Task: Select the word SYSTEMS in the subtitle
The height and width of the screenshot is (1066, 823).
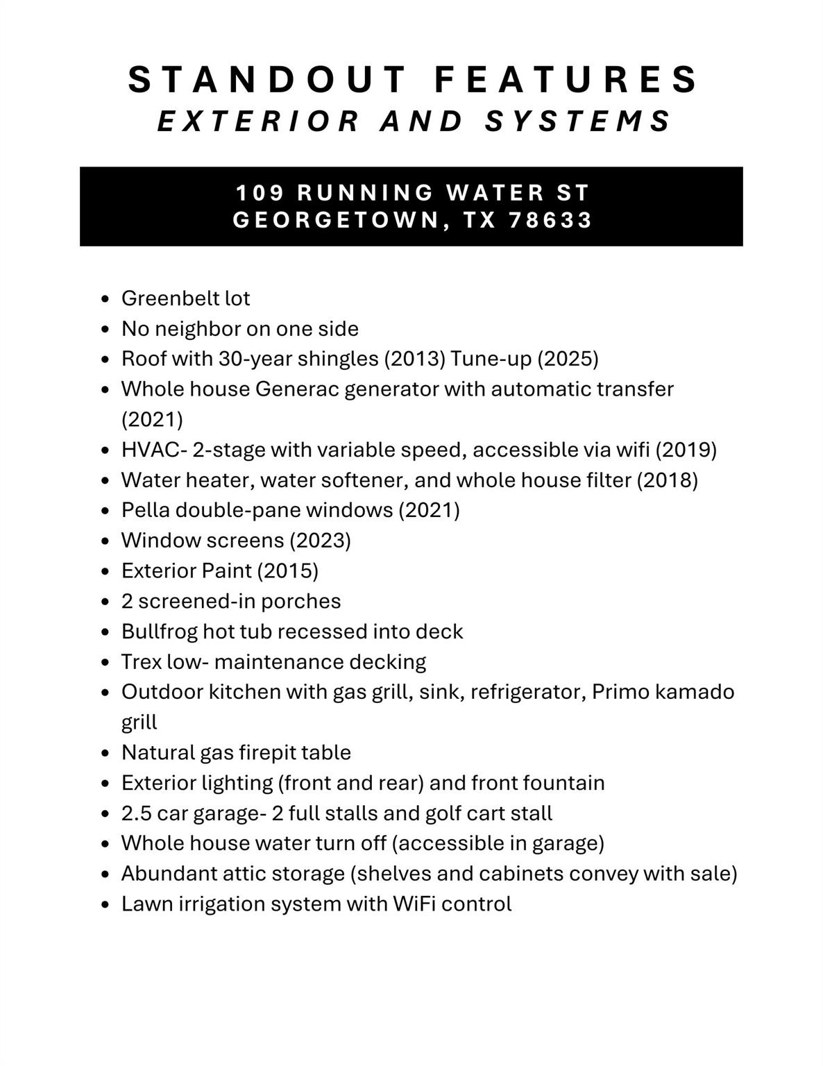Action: (x=577, y=121)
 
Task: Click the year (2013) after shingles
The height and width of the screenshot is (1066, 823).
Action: (x=414, y=359)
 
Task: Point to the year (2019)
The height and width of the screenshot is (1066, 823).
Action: (x=686, y=450)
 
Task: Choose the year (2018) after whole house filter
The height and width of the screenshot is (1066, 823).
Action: (x=667, y=480)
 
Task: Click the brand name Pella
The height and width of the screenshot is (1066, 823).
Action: (x=145, y=510)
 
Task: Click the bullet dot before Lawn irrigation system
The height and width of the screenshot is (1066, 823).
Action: (x=105, y=905)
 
